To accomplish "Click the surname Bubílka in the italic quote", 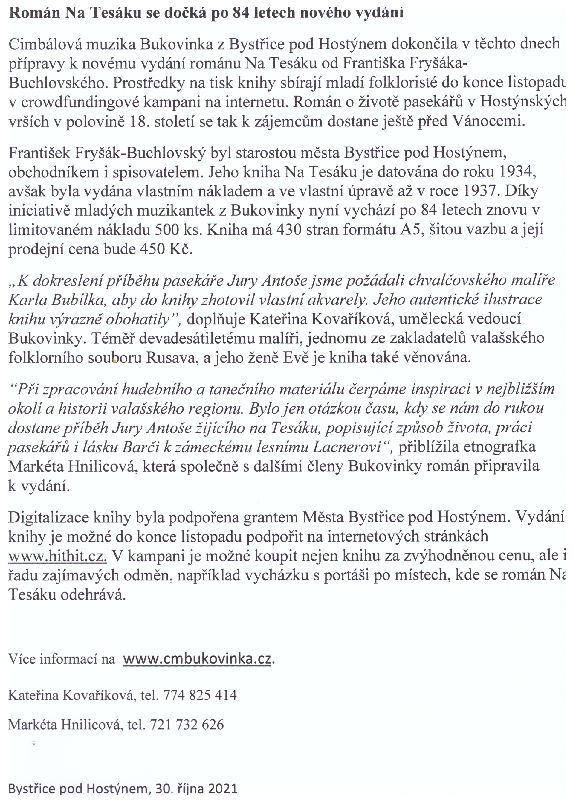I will pyautogui.click(x=78, y=300).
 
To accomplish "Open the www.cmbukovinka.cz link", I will pyautogui.click(x=198, y=659).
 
